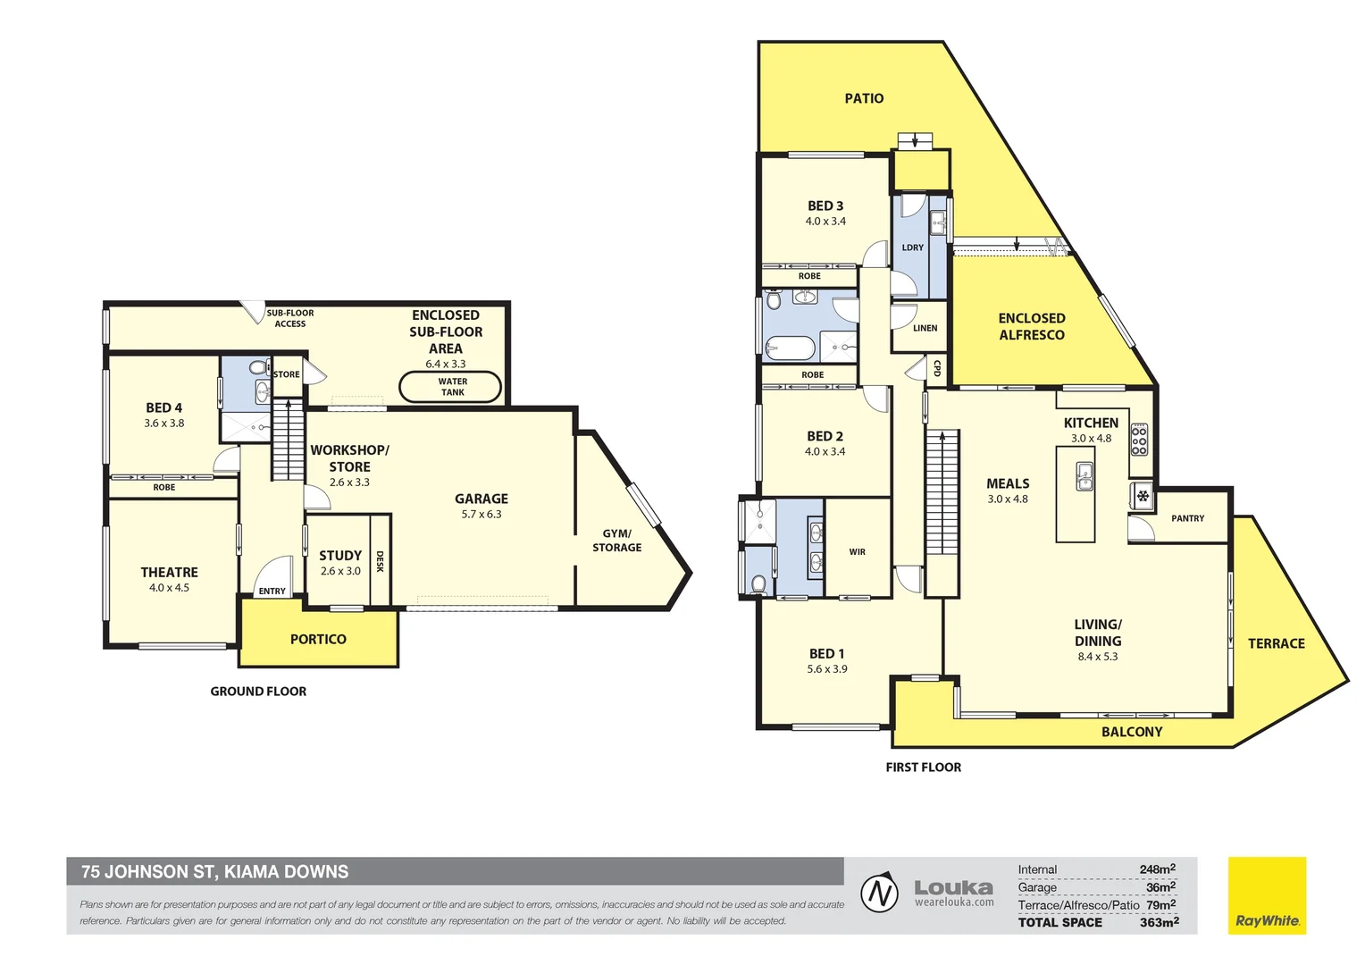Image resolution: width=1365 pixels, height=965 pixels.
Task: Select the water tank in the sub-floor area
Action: pyautogui.click(x=450, y=387)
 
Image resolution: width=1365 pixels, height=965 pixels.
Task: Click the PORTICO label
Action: pyautogui.click(x=318, y=639)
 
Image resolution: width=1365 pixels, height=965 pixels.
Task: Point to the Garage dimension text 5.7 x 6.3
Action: pyautogui.click(x=482, y=515)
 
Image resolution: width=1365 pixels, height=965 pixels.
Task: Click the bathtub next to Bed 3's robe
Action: pyautogui.click(x=790, y=346)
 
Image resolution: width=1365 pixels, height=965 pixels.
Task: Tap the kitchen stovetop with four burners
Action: pyautogui.click(x=1139, y=440)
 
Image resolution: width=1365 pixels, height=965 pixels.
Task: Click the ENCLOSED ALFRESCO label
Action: pyautogui.click(x=1031, y=326)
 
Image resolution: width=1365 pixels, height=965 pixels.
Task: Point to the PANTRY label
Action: pyautogui.click(x=1187, y=518)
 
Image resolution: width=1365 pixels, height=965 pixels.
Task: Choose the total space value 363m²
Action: pyautogui.click(x=1159, y=922)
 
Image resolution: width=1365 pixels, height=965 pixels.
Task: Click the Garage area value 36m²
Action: pyautogui.click(x=1160, y=887)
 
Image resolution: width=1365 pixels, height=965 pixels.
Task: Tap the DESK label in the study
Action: pyautogui.click(x=380, y=561)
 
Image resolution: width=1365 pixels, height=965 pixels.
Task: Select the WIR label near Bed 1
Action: pyautogui.click(x=857, y=552)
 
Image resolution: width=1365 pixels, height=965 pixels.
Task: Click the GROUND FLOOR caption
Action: pyautogui.click(x=258, y=692)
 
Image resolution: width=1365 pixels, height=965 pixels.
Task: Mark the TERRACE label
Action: pyautogui.click(x=1276, y=643)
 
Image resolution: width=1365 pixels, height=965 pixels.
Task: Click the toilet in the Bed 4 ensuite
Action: pyautogui.click(x=257, y=368)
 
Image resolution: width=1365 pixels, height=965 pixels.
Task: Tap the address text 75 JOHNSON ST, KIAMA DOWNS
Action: pyautogui.click(x=215, y=871)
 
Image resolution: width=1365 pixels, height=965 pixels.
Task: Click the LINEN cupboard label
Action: pyautogui.click(x=925, y=328)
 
